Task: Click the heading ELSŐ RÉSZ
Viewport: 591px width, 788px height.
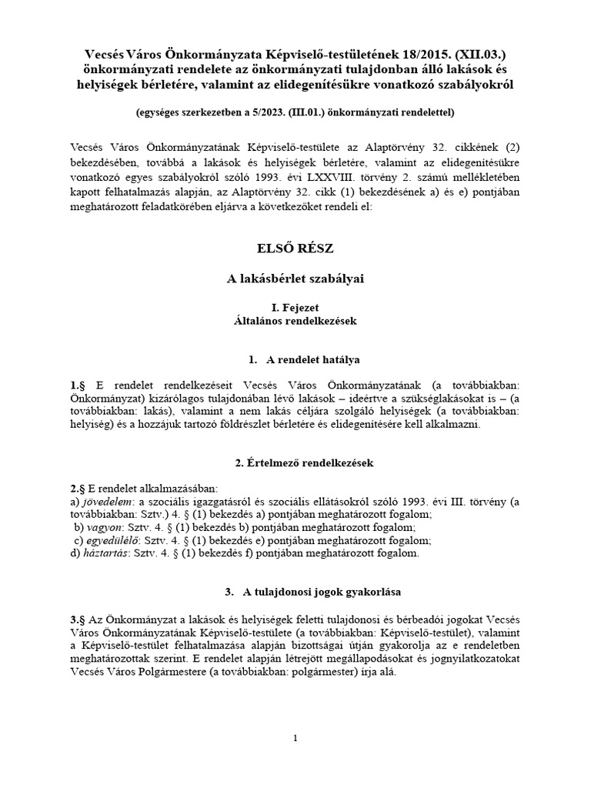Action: pos(295,249)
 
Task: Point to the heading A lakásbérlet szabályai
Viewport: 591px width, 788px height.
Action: pos(295,279)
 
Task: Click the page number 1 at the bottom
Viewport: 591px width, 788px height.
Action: pos(295,739)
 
